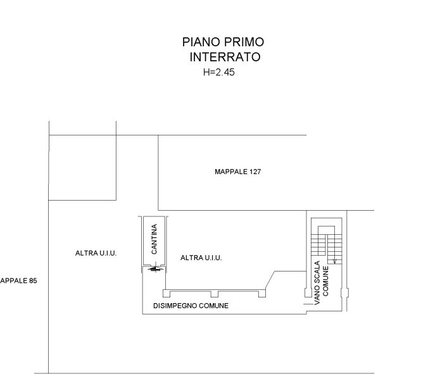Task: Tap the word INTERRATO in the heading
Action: pos(225,57)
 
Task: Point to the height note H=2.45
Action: pos(219,72)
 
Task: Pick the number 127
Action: pos(255,172)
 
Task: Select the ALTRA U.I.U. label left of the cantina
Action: pos(96,253)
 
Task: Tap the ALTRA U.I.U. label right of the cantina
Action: pos(201,258)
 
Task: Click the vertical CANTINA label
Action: pos(154,239)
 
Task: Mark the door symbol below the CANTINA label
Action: pos(155,268)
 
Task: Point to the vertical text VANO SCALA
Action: pos(317,283)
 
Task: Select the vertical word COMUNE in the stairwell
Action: pos(325,281)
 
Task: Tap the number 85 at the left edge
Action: pos(33,281)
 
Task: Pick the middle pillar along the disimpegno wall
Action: pos(214,294)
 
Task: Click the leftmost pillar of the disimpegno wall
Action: pos(167,293)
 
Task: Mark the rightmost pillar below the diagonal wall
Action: pos(262,294)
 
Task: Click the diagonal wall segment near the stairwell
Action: pos(270,280)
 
